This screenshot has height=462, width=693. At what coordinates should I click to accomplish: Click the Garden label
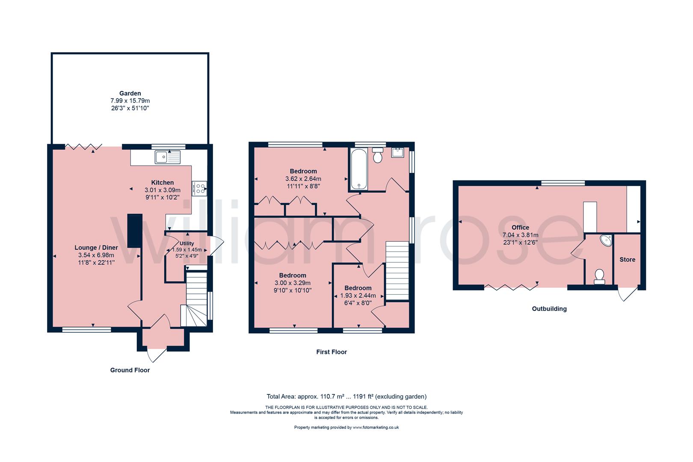click(130, 93)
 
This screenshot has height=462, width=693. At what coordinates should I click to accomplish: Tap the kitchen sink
click(167, 157)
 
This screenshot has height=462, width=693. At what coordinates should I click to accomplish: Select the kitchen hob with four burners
click(199, 189)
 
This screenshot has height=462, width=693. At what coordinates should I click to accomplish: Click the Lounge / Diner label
click(96, 248)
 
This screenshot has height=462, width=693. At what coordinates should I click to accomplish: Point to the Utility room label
click(187, 243)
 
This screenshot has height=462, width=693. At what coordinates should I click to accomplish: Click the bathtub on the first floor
click(359, 169)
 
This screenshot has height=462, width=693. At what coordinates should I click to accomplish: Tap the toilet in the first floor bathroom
click(377, 155)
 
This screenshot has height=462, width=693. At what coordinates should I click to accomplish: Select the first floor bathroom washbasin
click(397, 152)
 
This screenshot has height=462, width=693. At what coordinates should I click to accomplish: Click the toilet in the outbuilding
click(599, 277)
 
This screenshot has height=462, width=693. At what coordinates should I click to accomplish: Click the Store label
click(628, 260)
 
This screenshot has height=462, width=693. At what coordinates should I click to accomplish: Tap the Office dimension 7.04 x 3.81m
click(520, 235)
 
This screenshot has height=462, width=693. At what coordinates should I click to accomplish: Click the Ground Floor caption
click(130, 370)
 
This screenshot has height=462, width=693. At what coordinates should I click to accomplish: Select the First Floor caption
click(332, 352)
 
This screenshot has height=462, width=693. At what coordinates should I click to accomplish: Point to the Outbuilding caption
click(549, 308)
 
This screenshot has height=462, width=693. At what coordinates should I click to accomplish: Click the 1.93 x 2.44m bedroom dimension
click(358, 296)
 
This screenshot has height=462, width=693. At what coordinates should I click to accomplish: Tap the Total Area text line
click(346, 397)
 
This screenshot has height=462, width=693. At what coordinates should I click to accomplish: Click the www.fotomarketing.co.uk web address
click(376, 427)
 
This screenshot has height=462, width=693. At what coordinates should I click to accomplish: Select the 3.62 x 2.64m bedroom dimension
click(303, 178)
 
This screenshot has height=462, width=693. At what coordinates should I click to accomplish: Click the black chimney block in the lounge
click(135, 231)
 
